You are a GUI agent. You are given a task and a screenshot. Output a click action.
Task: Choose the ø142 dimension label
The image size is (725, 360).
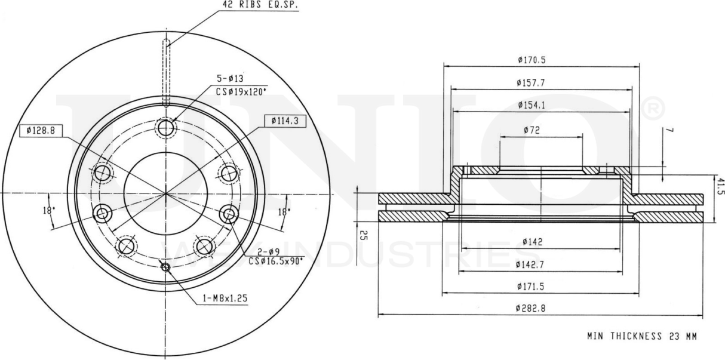pyautogui.click(x=532, y=242)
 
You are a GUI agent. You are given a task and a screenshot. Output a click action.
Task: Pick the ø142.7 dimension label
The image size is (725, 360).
pyautogui.click(x=532, y=264)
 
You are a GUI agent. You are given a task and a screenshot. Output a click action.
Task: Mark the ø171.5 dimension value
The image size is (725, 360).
pyautogui.click(x=532, y=287)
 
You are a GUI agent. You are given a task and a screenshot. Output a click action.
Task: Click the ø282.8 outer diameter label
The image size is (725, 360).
pyautogui.click(x=532, y=309)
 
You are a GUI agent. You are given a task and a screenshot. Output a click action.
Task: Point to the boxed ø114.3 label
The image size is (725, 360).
pyautogui.click(x=284, y=121)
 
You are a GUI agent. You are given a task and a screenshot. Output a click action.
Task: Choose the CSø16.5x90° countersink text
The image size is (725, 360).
pyautogui.click(x=276, y=260)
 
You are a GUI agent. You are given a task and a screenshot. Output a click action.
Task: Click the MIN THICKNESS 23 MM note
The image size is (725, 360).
pyautogui.click(x=641, y=336)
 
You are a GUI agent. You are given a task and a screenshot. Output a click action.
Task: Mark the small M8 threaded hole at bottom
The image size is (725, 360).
pyautogui.click(x=165, y=266)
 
